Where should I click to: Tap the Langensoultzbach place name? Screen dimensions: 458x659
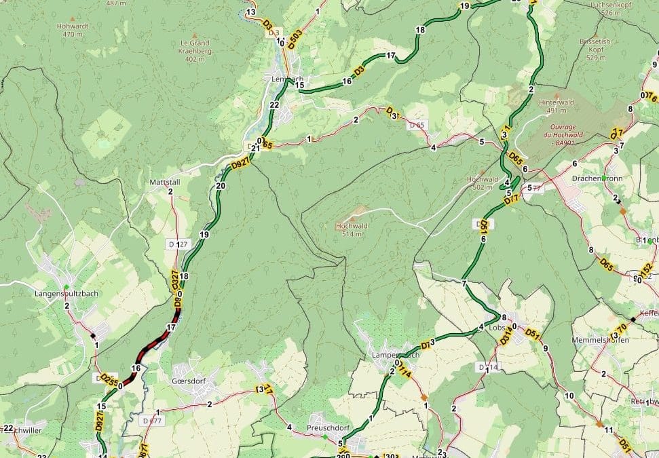[x=63, y=294]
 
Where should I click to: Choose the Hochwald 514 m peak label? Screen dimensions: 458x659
[x=352, y=229]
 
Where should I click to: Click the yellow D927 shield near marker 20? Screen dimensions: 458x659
[x=240, y=165]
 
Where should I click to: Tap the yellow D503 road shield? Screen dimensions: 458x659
[x=295, y=39]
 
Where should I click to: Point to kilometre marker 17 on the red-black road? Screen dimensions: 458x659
[x=171, y=327]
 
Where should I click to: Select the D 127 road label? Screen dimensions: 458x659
[x=176, y=244]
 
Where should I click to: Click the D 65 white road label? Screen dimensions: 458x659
[x=416, y=126]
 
